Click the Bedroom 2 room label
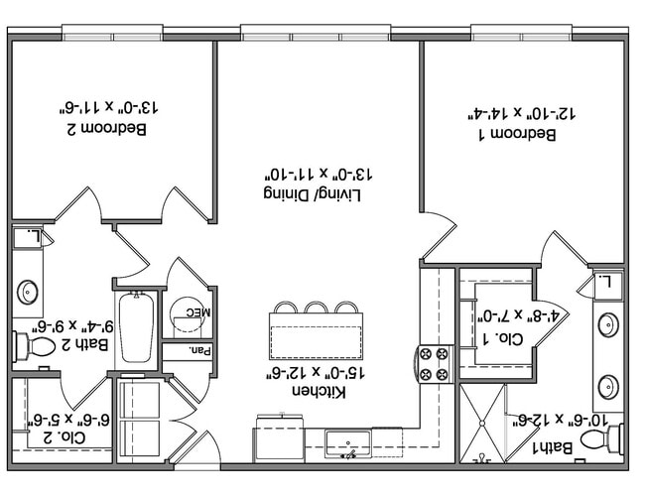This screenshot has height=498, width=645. [106, 129]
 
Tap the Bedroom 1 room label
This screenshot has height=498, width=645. [518, 135]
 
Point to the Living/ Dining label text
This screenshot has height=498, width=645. [313, 194]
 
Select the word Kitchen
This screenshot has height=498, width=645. [319, 391]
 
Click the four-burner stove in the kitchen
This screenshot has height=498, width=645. [434, 364]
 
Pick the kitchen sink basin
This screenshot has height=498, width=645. [348, 443]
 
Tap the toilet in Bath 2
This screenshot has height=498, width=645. [36, 346]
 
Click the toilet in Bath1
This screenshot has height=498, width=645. [602, 438]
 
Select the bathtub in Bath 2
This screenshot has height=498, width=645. [136, 327]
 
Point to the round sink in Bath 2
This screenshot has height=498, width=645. [28, 292]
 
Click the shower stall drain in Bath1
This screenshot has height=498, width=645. [481, 423]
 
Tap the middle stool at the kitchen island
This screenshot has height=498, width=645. [317, 308]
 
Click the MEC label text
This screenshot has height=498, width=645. [197, 312]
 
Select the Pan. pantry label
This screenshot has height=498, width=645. [200, 351]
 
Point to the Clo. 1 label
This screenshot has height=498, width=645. [503, 338]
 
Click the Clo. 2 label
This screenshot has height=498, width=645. [64, 437]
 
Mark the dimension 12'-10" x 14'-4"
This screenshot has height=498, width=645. [522, 113]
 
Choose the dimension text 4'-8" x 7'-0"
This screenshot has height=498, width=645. [517, 316]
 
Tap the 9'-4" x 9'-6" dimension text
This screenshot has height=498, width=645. [73, 326]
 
